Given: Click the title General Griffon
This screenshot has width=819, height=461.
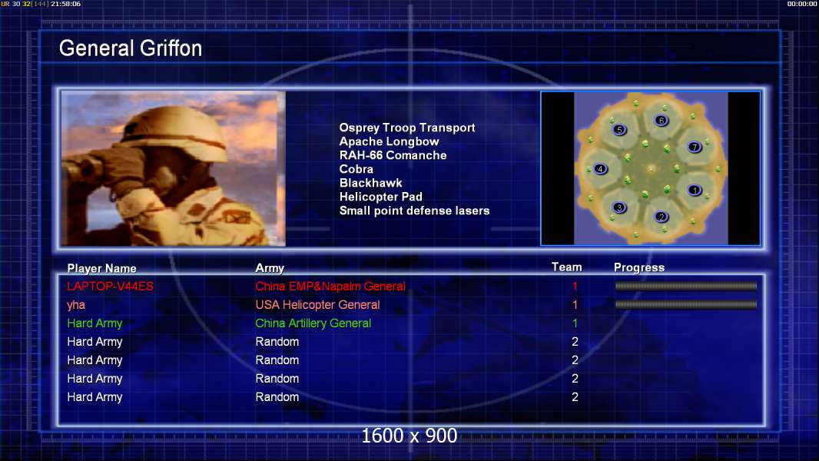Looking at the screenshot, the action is click(x=131, y=48).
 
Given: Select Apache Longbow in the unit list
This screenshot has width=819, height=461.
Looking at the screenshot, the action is click(x=389, y=141).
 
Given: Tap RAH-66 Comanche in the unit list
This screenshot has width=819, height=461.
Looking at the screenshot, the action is click(x=393, y=155).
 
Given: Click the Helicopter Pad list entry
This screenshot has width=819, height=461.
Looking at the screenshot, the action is click(x=381, y=197).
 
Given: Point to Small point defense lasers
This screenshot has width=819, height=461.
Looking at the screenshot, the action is click(x=415, y=211).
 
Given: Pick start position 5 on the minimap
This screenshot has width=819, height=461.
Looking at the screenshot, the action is click(x=619, y=130).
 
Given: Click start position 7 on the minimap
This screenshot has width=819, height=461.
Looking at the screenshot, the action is click(x=695, y=147).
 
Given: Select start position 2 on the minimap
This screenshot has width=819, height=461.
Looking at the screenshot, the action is click(x=661, y=217).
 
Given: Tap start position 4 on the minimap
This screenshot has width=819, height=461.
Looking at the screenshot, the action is click(x=600, y=168).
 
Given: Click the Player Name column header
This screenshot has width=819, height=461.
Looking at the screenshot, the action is click(x=102, y=268).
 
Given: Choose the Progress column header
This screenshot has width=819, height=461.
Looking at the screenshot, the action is click(x=639, y=267).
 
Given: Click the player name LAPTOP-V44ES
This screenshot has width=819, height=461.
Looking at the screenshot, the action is click(x=110, y=286).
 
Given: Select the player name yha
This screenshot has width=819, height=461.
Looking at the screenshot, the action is click(x=76, y=305).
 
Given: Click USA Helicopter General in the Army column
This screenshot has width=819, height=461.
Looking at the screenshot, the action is click(x=317, y=305).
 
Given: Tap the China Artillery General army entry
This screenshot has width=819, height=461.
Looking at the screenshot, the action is click(x=313, y=323).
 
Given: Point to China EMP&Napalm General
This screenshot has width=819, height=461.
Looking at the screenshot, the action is click(x=330, y=286).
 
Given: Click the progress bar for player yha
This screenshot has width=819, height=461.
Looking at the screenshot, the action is click(x=686, y=304).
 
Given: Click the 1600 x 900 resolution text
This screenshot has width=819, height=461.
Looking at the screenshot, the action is click(x=409, y=436).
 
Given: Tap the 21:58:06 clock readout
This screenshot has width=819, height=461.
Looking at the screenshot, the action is click(x=66, y=4).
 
